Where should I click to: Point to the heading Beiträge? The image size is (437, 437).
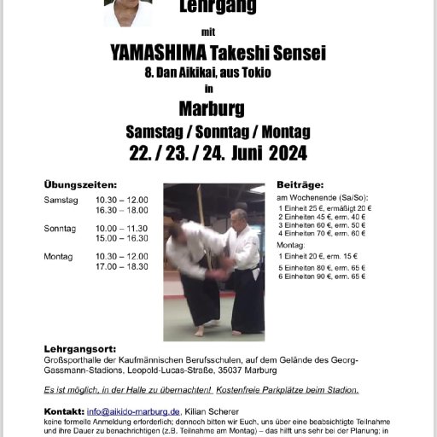point(299,184)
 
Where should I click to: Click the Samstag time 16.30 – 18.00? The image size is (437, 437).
point(121,210)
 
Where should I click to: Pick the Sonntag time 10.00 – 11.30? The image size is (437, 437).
point(121,229)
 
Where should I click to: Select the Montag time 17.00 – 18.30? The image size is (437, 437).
point(121,266)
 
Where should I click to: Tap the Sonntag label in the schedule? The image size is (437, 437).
point(60,229)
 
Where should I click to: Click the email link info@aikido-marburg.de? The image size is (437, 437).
point(132,411)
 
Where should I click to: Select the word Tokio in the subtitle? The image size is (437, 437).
point(256,73)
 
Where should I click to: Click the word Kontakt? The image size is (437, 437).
point(63,411)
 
